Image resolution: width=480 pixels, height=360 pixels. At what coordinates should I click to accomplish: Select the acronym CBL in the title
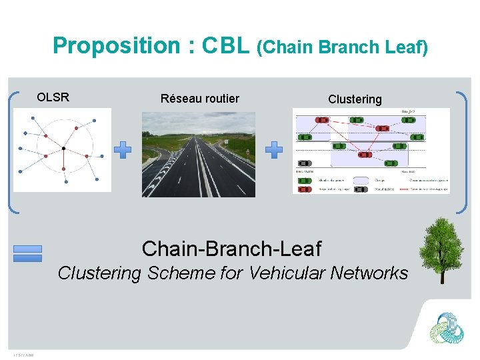[x=226, y=46]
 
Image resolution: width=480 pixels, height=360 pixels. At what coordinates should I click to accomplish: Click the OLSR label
[x=53, y=97]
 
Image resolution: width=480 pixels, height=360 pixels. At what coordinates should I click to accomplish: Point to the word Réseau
[x=182, y=99]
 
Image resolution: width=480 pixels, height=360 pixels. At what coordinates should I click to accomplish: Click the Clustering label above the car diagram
[x=355, y=99]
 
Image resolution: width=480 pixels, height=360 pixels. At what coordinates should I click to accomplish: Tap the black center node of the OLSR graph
[x=63, y=147]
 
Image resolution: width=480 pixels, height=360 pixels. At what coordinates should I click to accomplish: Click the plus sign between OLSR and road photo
[x=122, y=150]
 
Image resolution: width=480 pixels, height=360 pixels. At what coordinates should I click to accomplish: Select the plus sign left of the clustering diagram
[x=274, y=150]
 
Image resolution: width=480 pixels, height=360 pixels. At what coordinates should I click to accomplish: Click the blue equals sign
[x=27, y=253]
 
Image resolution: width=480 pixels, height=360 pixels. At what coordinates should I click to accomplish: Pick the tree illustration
[x=441, y=250]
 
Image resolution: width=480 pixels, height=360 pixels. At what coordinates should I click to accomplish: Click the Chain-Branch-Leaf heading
[x=231, y=249]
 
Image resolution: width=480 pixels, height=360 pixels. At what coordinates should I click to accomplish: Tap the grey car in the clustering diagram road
[x=305, y=163]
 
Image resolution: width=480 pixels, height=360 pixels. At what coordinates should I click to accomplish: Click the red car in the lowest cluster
[x=365, y=154]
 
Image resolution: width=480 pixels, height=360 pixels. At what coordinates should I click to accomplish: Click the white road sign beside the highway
[x=247, y=153]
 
